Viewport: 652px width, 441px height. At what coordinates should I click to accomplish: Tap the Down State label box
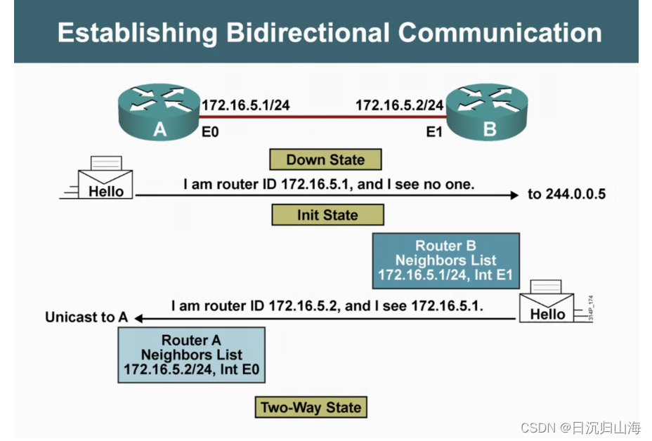(325, 159)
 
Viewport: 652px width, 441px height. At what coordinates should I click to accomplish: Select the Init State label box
(327, 215)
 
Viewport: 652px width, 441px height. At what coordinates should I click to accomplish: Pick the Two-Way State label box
(311, 407)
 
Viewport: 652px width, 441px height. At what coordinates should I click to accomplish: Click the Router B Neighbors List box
(445, 261)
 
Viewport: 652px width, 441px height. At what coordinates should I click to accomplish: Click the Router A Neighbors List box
(191, 355)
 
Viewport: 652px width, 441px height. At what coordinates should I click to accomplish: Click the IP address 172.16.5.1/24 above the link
(246, 105)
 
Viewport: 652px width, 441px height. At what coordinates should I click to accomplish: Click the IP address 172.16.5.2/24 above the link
(400, 105)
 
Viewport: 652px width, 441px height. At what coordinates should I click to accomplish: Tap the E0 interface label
(211, 131)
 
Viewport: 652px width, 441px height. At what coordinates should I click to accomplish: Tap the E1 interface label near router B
(434, 131)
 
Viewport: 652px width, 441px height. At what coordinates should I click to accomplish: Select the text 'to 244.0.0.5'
(566, 194)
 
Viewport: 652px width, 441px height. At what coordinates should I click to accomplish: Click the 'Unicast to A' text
(86, 317)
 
